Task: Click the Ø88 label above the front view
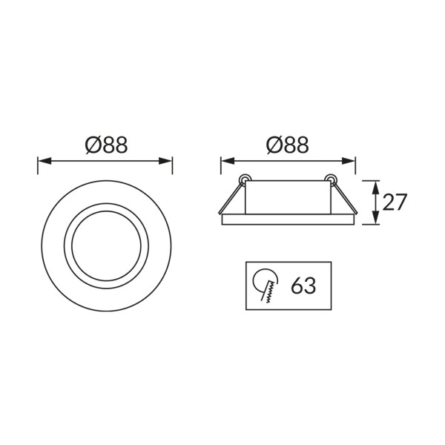(x=106, y=145)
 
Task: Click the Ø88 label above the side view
(x=287, y=145)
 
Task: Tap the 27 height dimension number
(x=395, y=202)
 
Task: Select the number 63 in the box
(x=303, y=286)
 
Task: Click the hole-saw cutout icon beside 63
(x=266, y=286)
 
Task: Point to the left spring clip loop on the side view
(x=245, y=178)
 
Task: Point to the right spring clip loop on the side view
(x=330, y=178)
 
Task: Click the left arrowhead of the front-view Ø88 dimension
(x=44, y=161)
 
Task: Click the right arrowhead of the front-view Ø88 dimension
(x=165, y=161)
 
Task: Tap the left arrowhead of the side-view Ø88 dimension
(x=228, y=161)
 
